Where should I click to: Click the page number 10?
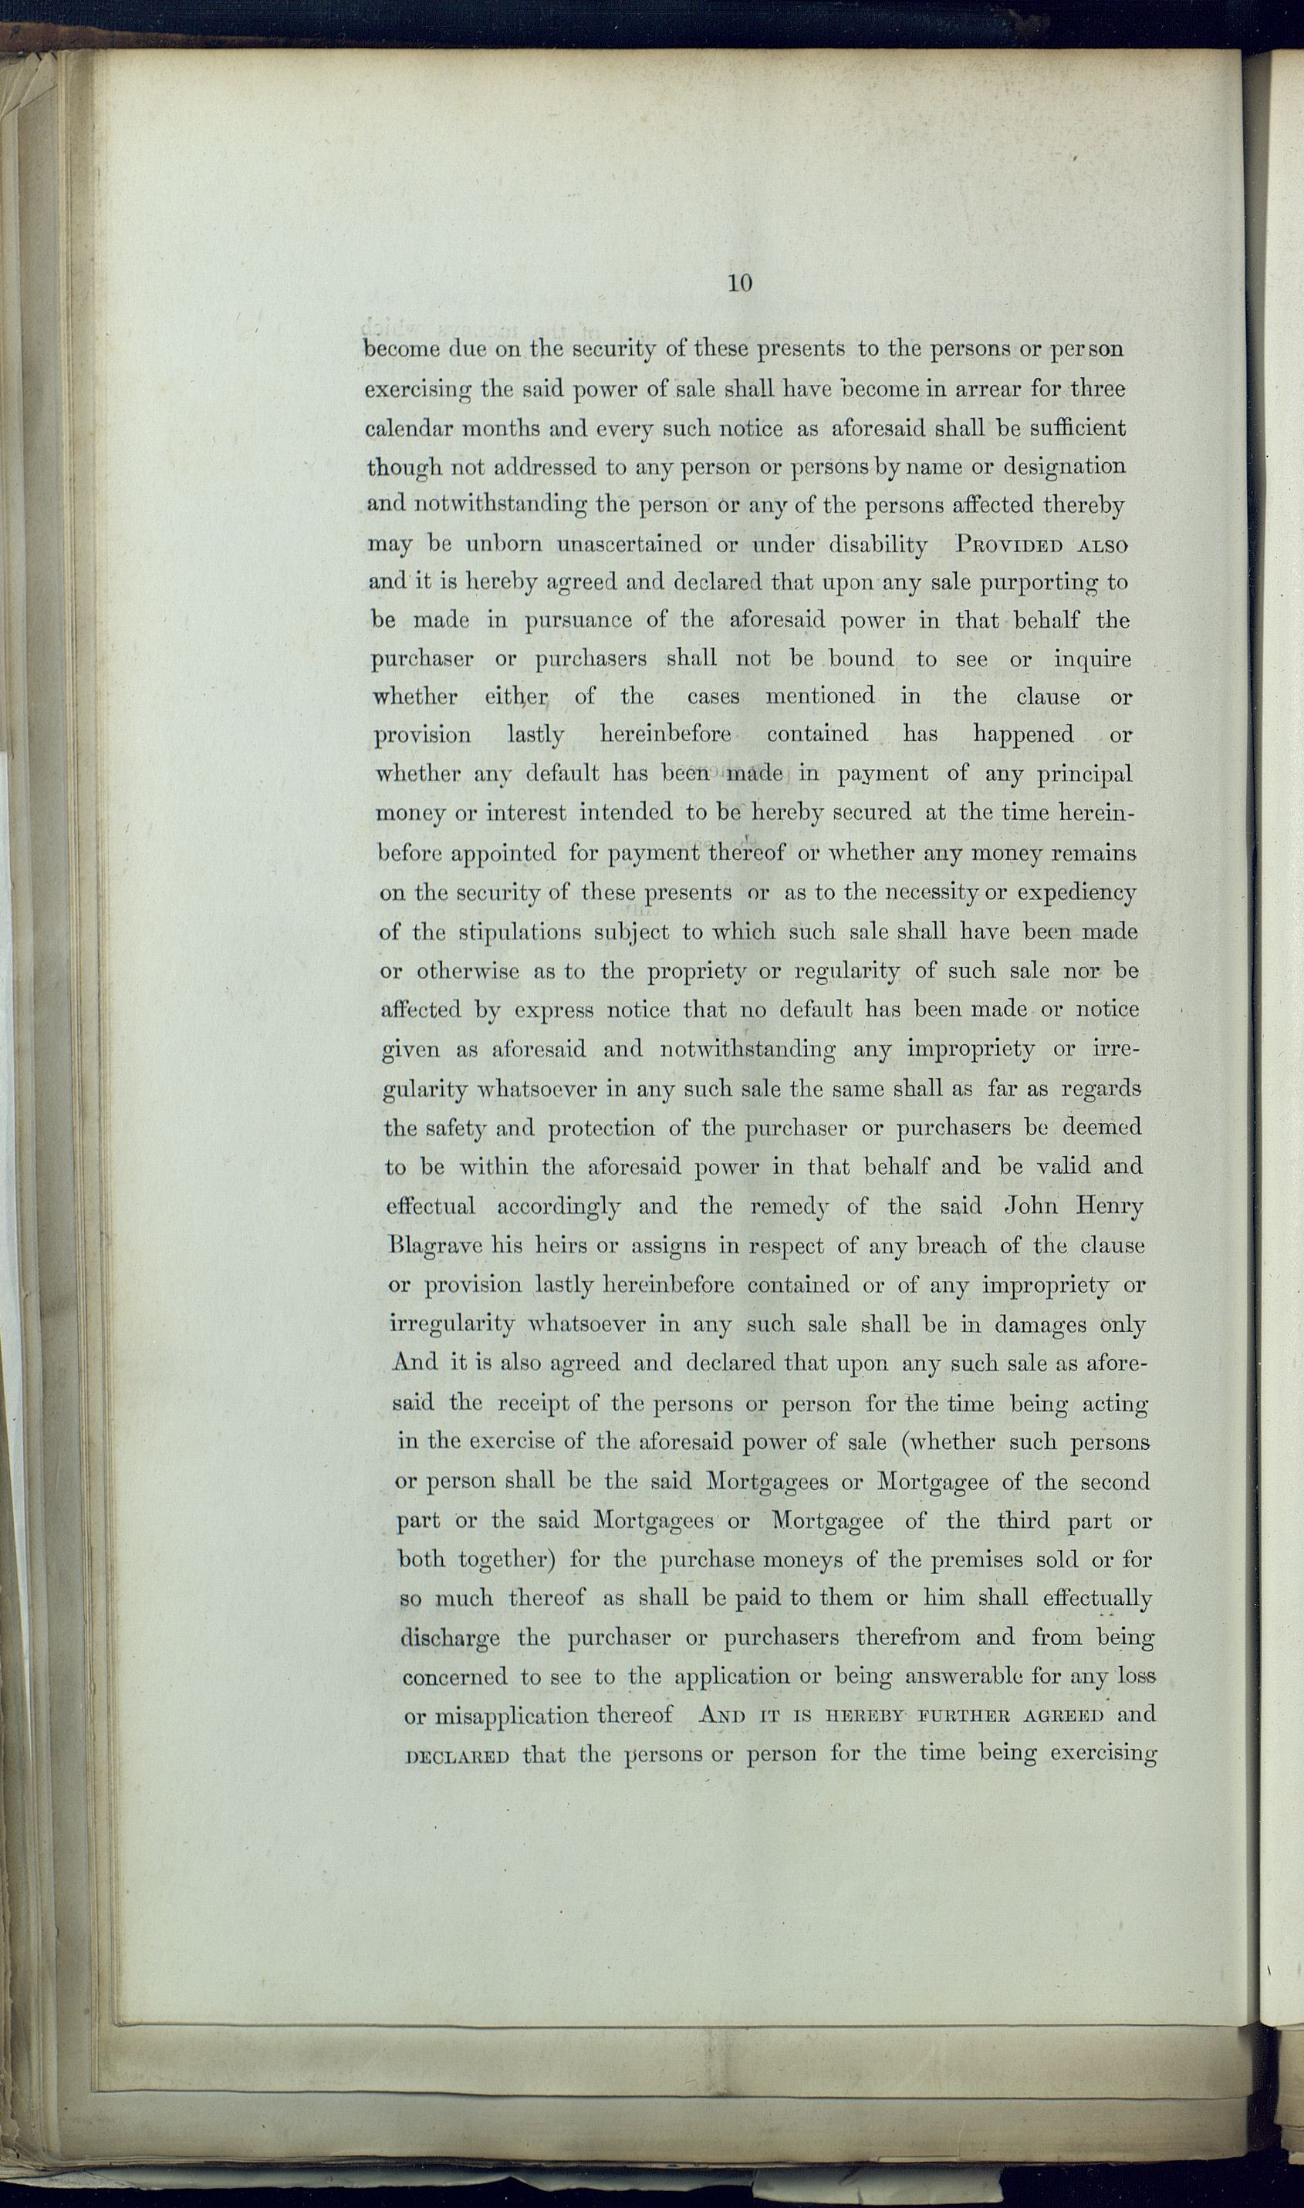coord(739,283)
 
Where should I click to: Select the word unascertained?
coord(628,544)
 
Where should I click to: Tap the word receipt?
coord(534,1403)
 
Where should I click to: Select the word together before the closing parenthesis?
coord(505,1561)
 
